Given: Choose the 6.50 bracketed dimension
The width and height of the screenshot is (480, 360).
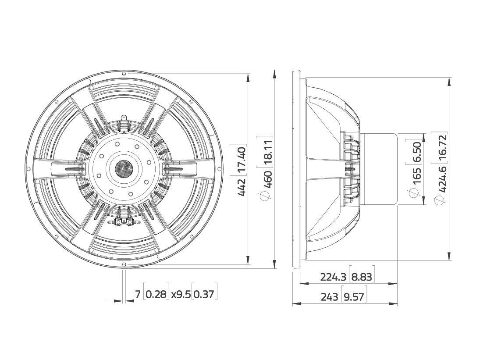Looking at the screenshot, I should (417, 152).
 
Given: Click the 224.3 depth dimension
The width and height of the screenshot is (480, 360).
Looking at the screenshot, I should (334, 277).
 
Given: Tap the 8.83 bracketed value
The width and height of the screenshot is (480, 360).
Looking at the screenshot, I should (362, 277).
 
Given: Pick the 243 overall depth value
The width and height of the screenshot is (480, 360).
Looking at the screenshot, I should (329, 297).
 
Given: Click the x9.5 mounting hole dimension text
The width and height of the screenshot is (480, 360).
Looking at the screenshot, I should (181, 294).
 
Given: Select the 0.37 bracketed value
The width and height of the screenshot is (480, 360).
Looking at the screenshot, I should (205, 294).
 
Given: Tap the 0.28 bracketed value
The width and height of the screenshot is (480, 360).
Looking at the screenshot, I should (156, 294).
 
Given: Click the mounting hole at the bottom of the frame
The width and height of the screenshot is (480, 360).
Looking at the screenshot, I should (124, 264).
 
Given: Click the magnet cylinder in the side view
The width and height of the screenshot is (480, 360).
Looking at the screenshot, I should (379, 169).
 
